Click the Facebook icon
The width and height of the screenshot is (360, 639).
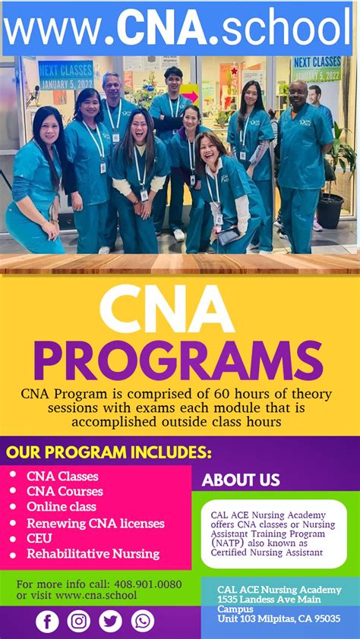pyautogui.click(x=47, y=621)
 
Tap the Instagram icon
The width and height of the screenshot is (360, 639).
pyautogui.click(x=79, y=621)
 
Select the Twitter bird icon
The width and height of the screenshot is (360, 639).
pyautogui.click(x=110, y=621)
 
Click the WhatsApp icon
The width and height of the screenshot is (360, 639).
pyautogui.click(x=142, y=621)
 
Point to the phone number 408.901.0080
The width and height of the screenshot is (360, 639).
pyautogui.click(x=147, y=584)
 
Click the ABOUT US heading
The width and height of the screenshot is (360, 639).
pyautogui.click(x=241, y=480)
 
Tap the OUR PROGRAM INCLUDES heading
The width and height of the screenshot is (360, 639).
pyautogui.click(x=109, y=453)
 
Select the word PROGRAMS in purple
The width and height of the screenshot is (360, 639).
pyautogui.click(x=179, y=360)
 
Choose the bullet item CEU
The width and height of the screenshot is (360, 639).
pyautogui.click(x=39, y=538)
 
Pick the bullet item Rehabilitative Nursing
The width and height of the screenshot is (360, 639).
pyautogui.click(x=93, y=553)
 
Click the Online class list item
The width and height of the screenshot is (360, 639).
pyautogui.click(x=62, y=506)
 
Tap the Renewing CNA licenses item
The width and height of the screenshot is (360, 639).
pyautogui.click(x=95, y=523)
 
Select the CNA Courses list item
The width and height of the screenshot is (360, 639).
pyautogui.click(x=65, y=491)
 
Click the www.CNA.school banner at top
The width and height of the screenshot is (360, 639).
pyautogui.click(x=179, y=27)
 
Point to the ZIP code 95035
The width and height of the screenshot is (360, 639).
pyautogui.click(x=325, y=619)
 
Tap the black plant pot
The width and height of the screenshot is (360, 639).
pyautogui.click(x=330, y=210)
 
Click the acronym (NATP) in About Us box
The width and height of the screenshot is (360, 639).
pyautogui.click(x=229, y=543)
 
